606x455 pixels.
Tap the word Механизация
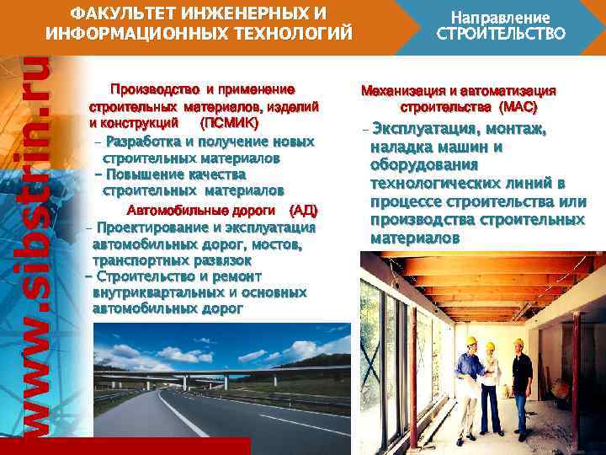[x=403, y=91]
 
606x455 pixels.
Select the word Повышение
[x=140, y=174]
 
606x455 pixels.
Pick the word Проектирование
[x=147, y=227]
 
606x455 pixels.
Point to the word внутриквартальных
[x=157, y=292]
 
